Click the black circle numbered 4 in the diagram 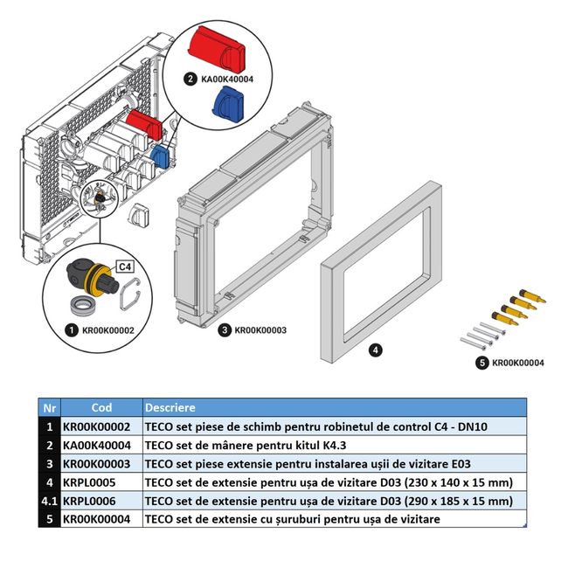tap(374, 350)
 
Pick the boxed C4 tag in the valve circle tap(124, 266)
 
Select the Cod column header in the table tap(101, 407)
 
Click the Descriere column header tap(170, 407)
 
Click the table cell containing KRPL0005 tap(91, 481)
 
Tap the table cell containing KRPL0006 tap(91, 500)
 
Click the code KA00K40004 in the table tap(98, 445)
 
